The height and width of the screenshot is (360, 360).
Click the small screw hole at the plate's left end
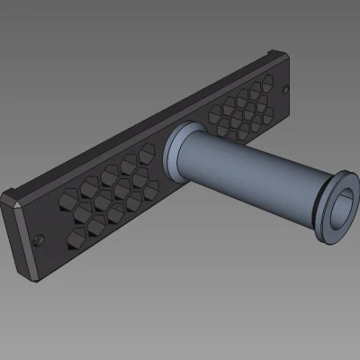coord(39,239)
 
